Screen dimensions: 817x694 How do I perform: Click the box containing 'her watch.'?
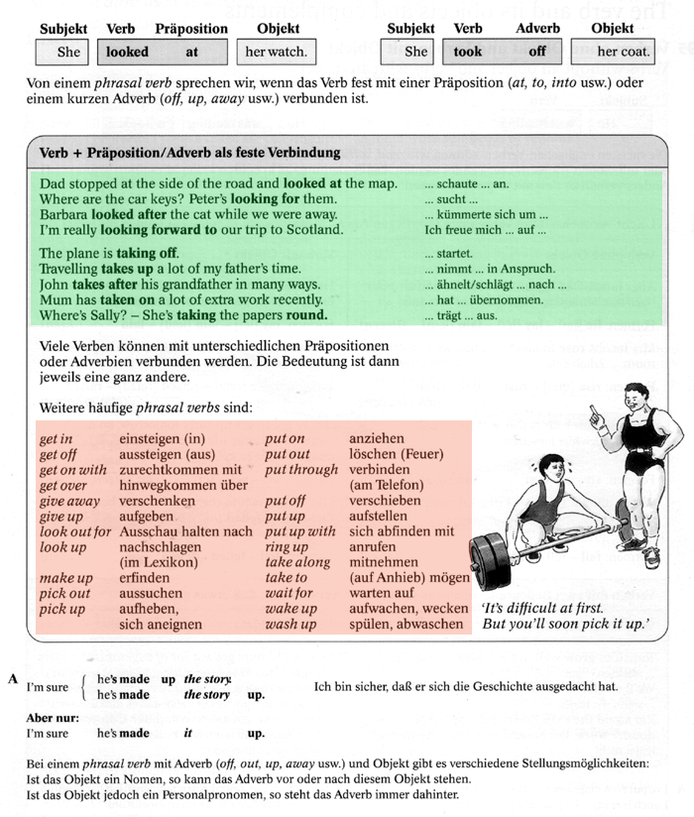(275, 52)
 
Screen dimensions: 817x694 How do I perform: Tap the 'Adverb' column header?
(537, 29)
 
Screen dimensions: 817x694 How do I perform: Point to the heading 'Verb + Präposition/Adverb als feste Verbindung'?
(189, 153)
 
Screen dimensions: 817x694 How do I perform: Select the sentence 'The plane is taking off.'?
(109, 253)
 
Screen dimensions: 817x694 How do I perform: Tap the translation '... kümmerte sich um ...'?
(486, 214)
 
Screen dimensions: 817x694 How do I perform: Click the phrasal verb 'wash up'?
(290, 625)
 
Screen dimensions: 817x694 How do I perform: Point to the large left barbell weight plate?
(489, 562)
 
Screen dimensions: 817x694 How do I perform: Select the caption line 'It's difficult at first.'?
(542, 608)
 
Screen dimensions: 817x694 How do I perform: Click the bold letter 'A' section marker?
(13, 679)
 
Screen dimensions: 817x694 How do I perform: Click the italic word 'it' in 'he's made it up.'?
(188, 734)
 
